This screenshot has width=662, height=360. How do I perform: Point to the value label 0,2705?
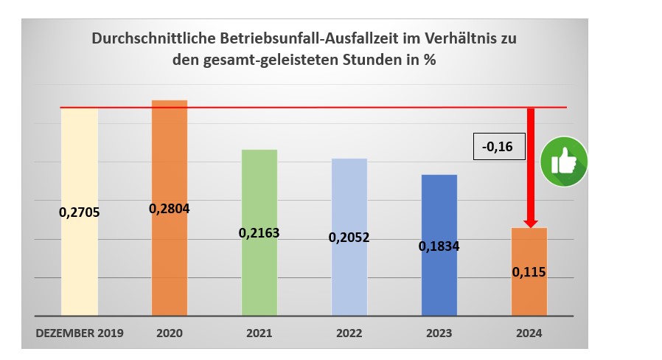point(80,213)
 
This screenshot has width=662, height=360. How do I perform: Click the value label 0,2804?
point(170,209)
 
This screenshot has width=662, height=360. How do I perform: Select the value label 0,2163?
point(259,233)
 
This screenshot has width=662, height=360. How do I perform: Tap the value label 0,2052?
point(349,238)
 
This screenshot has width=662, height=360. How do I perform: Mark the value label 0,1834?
point(439,246)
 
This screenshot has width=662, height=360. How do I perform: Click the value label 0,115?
point(529,272)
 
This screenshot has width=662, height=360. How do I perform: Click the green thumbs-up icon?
point(564,162)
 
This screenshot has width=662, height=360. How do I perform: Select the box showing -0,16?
point(498,148)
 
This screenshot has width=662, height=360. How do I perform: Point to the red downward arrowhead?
point(530,223)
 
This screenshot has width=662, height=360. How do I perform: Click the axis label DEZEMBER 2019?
point(80,333)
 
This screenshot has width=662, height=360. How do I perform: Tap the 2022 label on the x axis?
point(349,333)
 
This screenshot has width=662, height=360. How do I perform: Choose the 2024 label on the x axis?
point(529,333)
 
